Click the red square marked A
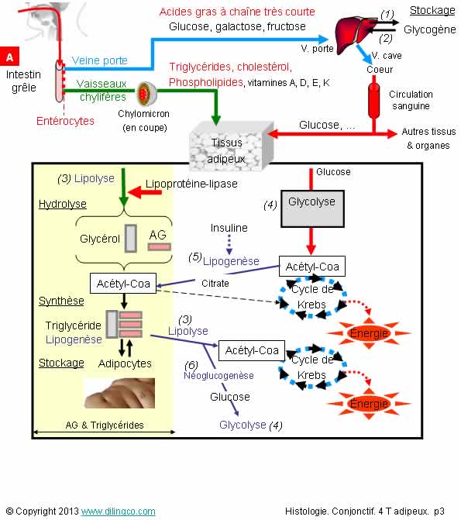[x=9, y=57]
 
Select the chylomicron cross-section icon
[x=146, y=94]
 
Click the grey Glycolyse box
[x=312, y=208]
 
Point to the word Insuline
[x=229, y=228]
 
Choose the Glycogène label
[x=430, y=30]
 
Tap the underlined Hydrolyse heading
[x=62, y=204]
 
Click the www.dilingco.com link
[x=118, y=511]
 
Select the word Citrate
[x=215, y=284]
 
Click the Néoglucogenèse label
[x=218, y=376]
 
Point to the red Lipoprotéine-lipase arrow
[x=145, y=191]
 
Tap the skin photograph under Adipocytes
[x=119, y=393]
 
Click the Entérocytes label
[x=65, y=121]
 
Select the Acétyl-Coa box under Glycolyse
[x=312, y=267]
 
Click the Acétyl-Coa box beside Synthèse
[x=123, y=284]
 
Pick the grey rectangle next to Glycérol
[x=131, y=239]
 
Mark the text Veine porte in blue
[x=99, y=60]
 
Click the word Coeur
[x=380, y=70]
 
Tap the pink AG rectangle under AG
[x=159, y=246]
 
